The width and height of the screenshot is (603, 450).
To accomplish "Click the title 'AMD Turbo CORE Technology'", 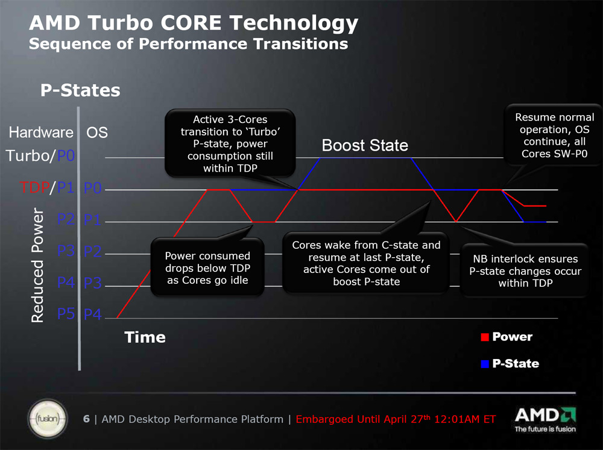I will (x=193, y=23).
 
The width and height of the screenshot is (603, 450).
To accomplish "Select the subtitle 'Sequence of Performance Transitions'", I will (x=188, y=44).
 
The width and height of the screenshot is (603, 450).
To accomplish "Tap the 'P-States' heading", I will (x=80, y=90).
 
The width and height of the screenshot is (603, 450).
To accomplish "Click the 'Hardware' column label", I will (x=41, y=133).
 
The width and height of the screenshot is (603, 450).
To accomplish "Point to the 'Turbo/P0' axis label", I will (x=41, y=156).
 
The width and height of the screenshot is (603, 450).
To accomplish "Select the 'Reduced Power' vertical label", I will (x=37, y=265).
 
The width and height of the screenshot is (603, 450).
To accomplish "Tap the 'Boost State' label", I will (x=365, y=145).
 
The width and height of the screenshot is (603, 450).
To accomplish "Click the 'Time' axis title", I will (x=145, y=337).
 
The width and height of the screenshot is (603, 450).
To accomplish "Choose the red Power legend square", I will (x=484, y=337).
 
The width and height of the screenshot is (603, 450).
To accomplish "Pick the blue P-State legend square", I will (x=484, y=364).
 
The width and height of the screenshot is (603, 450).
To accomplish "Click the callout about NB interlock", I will (x=525, y=270).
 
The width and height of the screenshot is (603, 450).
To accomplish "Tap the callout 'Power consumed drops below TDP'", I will (x=207, y=268).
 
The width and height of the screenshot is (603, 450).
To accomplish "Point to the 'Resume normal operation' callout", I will (x=554, y=136).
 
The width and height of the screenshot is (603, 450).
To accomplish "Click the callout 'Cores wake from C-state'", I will (x=366, y=263).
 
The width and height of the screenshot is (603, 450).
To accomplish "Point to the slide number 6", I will (x=86, y=419).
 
